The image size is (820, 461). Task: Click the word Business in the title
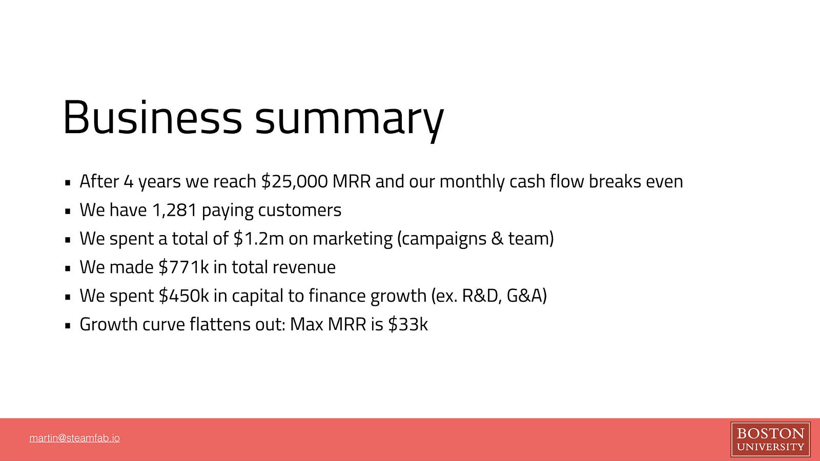[x=152, y=117]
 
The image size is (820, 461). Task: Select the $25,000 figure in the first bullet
[x=295, y=181]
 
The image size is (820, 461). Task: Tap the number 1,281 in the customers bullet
[x=174, y=210]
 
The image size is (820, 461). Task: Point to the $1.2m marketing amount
[x=258, y=238]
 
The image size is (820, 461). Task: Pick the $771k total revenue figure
[x=183, y=267]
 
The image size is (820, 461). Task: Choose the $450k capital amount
[x=183, y=295]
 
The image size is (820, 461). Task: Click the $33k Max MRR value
[x=408, y=324]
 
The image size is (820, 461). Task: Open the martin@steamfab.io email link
[x=75, y=438]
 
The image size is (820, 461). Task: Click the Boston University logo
[x=770, y=439]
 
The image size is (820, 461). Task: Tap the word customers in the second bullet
[x=300, y=210]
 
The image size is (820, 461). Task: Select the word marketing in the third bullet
[x=353, y=239]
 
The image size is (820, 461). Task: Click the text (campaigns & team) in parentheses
[x=475, y=239]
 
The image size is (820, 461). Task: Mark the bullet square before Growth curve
[x=67, y=325]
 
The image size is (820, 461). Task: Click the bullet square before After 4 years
[x=67, y=182]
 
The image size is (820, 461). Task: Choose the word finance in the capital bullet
[x=337, y=295]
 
